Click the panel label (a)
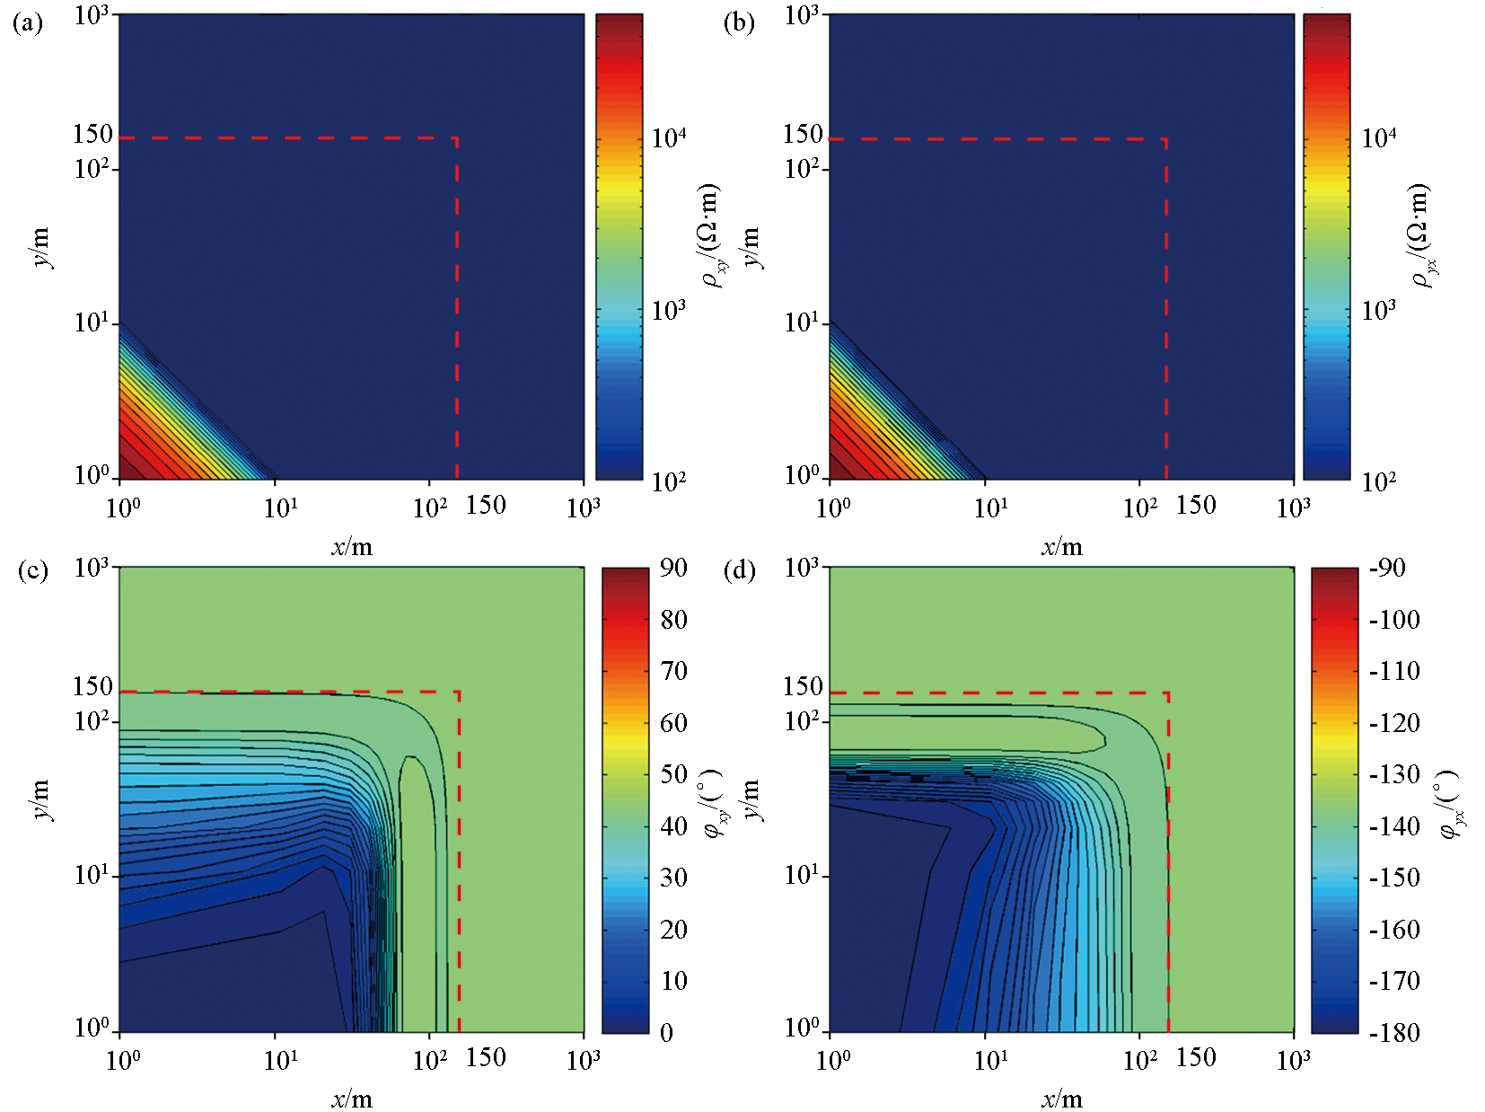tap(27, 23)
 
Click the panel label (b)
tap(738, 23)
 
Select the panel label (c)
tap(32, 571)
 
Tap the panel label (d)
tap(739, 571)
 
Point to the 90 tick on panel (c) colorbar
tap(673, 568)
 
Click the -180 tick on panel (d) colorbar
tap(1394, 1032)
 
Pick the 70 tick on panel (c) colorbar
tap(673, 671)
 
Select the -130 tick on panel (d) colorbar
tap(1394, 774)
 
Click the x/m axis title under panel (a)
tap(351, 547)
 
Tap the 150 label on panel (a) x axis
tap(486, 505)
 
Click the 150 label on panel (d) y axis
tap(803, 686)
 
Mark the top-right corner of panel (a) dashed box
tap(457, 138)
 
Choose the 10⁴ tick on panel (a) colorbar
tap(669, 137)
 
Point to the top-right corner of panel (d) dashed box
tap(1167, 693)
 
